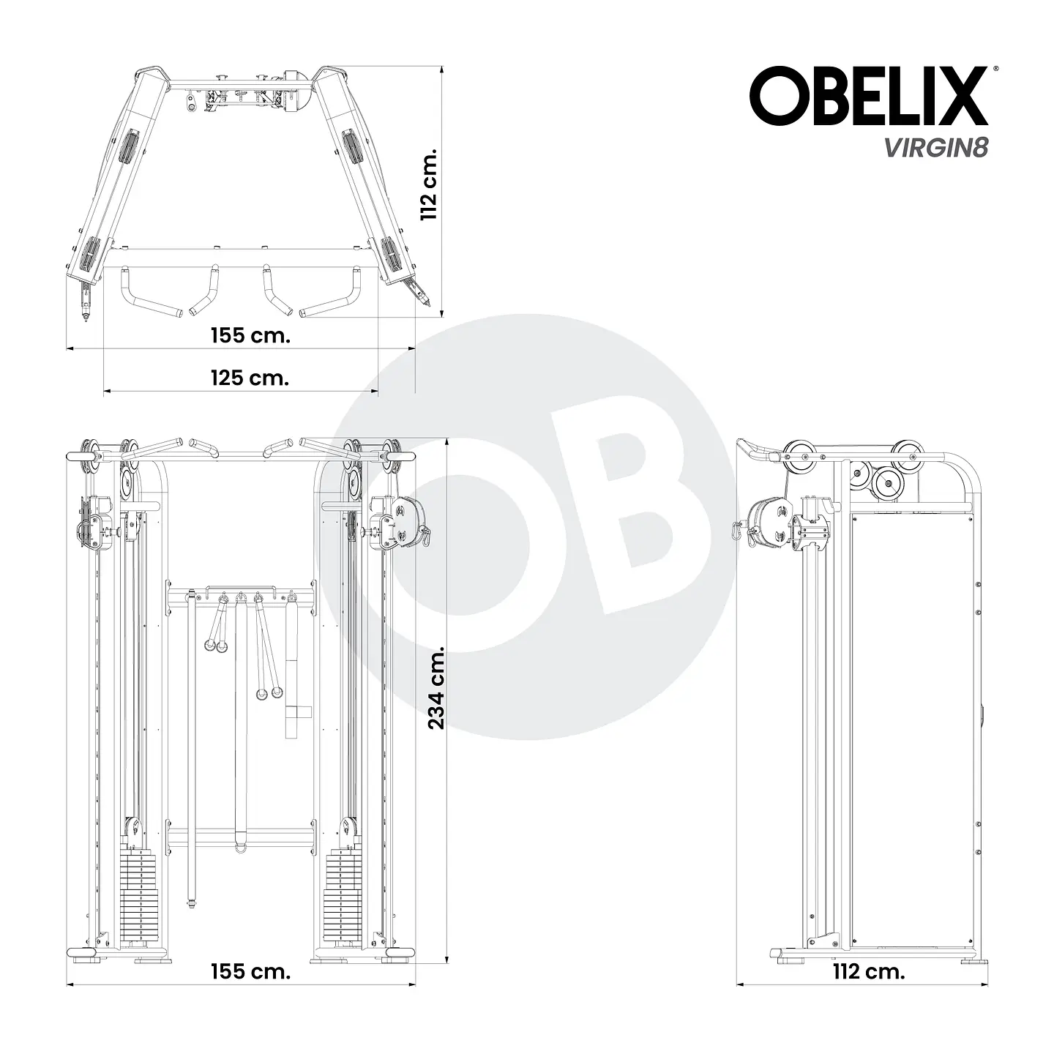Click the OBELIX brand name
click(x=868, y=97)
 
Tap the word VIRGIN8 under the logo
click(x=936, y=148)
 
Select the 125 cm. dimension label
click(x=250, y=378)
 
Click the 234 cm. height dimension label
click(x=436, y=687)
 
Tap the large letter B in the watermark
click(x=629, y=523)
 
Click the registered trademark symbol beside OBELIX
click(x=993, y=69)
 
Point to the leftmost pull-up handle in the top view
click(x=146, y=293)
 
